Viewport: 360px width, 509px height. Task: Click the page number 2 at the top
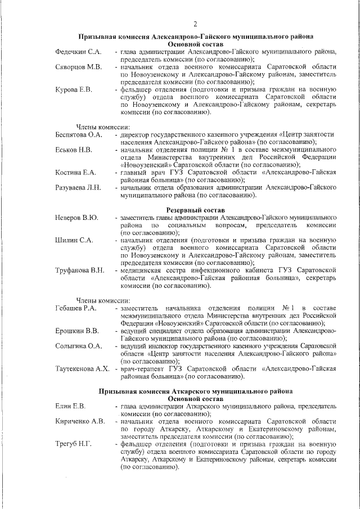point(195,23)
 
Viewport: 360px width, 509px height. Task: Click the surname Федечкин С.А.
point(78,52)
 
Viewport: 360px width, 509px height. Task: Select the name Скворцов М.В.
point(78,67)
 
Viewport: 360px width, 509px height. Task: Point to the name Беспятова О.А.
point(79,135)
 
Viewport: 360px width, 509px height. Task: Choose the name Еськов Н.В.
point(74,150)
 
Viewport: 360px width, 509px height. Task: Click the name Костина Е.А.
point(76,172)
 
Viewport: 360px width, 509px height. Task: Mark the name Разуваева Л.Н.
point(78,187)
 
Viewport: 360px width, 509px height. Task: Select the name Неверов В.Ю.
point(77,217)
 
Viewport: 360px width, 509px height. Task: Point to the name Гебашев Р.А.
point(77,308)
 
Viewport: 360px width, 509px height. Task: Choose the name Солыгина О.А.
point(79,346)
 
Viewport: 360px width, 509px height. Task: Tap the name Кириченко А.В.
point(80,421)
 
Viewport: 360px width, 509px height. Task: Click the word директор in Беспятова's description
point(137,135)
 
